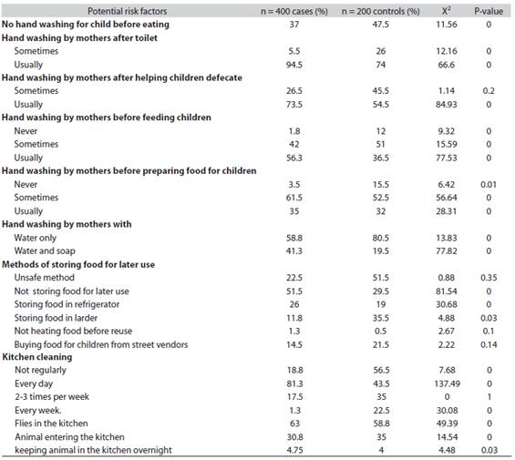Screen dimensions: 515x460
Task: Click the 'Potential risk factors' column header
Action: coord(127,11)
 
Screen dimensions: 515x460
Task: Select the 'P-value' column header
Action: coord(489,11)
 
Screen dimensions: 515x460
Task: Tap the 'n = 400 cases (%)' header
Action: coord(294,12)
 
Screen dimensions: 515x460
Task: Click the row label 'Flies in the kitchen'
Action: coord(51,424)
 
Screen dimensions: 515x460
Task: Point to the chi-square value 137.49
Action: coord(447,383)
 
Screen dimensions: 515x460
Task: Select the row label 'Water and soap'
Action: coord(45,250)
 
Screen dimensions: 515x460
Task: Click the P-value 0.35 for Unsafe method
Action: coord(489,278)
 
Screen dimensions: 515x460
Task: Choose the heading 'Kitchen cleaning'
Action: coord(37,357)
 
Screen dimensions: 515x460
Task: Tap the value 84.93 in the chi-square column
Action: coord(447,105)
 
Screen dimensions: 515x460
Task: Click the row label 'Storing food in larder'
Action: coord(56,318)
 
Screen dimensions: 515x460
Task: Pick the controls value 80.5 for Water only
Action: coord(381,238)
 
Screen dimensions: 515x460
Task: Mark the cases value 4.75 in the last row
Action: coord(294,450)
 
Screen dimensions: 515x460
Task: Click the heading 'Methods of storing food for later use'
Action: coord(78,264)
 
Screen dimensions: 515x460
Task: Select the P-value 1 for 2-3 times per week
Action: coord(489,397)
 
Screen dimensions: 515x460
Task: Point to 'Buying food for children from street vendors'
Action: coord(101,344)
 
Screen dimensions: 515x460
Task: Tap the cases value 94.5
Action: coord(294,65)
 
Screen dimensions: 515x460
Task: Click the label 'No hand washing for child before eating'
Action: coord(86,25)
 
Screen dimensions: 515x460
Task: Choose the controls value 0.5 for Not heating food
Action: coord(381,331)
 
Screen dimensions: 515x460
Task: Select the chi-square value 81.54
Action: coord(447,291)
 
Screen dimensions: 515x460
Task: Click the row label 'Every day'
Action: coord(34,383)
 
